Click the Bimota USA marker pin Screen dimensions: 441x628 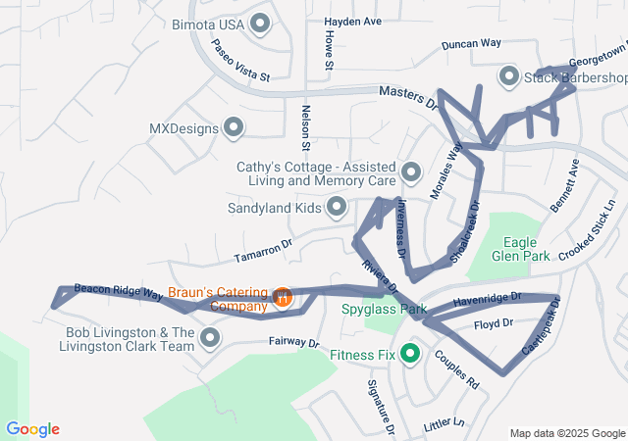(260, 23)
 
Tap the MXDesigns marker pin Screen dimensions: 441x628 (234, 127)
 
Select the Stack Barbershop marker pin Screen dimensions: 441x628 (508, 76)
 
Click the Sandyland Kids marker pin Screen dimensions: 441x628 (337, 207)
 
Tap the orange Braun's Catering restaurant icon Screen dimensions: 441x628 (283, 296)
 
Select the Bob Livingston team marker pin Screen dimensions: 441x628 (210, 339)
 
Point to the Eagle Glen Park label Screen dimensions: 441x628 (526, 249)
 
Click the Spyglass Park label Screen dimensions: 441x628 (384, 310)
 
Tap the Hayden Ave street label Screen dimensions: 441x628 (352, 21)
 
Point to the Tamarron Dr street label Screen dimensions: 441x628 (263, 254)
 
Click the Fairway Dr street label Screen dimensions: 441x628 (294, 344)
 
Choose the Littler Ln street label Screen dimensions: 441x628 (444, 423)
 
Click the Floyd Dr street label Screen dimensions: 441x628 (494, 323)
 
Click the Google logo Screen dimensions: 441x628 (32, 429)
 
